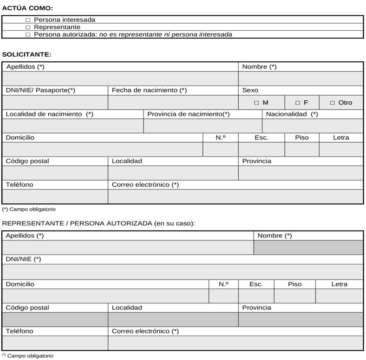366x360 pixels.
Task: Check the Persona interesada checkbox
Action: point(28,20)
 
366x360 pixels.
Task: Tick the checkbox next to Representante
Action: point(28,27)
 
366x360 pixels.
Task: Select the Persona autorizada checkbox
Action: point(28,34)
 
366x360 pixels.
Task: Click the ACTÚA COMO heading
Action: point(27,8)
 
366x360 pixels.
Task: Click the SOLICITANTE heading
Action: point(26,54)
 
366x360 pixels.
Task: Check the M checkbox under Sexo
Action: point(256,103)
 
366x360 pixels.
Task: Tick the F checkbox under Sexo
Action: point(298,103)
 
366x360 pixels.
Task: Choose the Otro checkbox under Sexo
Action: point(333,103)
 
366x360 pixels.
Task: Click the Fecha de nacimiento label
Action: point(149,90)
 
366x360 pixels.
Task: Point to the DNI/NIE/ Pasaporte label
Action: point(40,90)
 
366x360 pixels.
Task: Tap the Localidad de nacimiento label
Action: point(49,114)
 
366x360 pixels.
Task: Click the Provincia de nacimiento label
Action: point(188,114)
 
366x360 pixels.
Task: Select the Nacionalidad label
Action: point(292,114)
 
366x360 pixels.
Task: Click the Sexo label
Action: point(250,90)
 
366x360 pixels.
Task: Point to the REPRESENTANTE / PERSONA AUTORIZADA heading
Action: point(98,223)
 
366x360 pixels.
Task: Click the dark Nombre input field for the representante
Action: point(308,248)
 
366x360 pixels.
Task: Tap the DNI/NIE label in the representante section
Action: point(23,259)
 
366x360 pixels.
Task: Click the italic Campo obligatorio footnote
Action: point(29,356)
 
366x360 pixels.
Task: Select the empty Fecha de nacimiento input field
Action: point(173,102)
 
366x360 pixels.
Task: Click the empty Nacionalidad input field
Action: point(313,126)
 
